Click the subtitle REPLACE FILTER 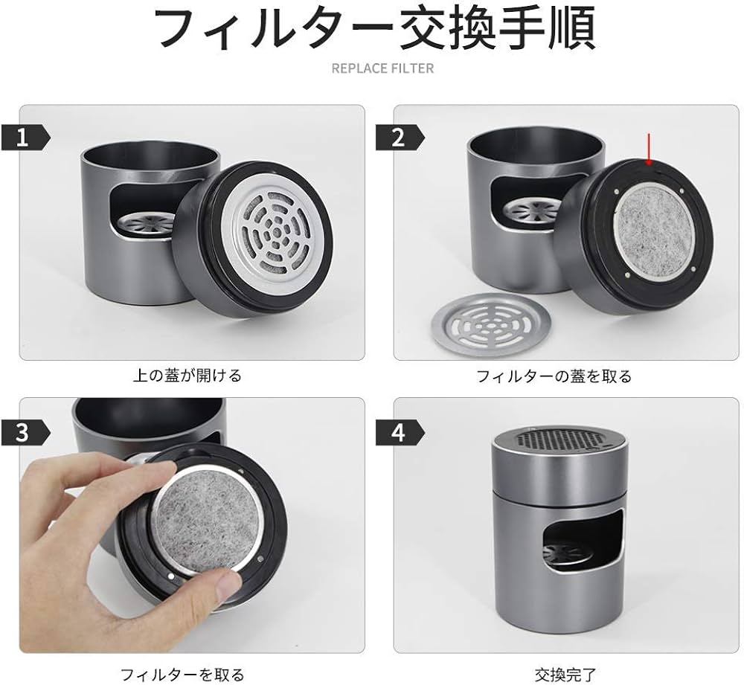point(382,68)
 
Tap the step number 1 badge point(25,138)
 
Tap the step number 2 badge point(400,138)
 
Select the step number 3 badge point(25,432)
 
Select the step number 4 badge point(400,432)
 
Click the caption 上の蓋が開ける point(187,376)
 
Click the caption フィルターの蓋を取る point(554,376)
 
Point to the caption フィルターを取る point(182,675)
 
